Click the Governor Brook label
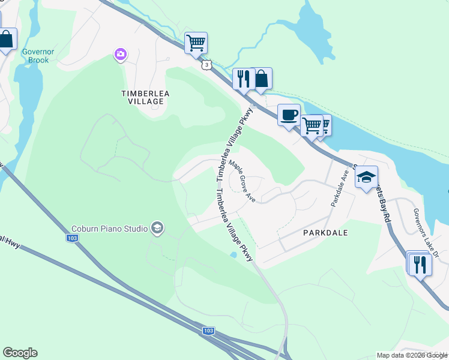pyautogui.click(x=38, y=56)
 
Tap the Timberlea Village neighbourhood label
pyautogui.click(x=142, y=97)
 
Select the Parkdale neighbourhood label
pyautogui.click(x=326, y=232)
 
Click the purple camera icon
pyautogui.click(x=121, y=55)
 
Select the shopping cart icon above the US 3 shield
pyautogui.click(x=196, y=43)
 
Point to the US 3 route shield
pyautogui.click(x=206, y=65)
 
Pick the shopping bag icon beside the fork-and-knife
pyautogui.click(x=262, y=79)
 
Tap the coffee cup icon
pyautogui.click(x=289, y=114)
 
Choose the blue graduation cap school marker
pyautogui.click(x=366, y=177)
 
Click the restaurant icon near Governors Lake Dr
pyautogui.click(x=419, y=263)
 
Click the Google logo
pyautogui.click(x=20, y=353)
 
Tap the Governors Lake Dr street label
pyautogui.click(x=426, y=233)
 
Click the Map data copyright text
pyautogui.click(x=411, y=355)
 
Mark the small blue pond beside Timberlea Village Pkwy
pyautogui.click(x=233, y=255)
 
